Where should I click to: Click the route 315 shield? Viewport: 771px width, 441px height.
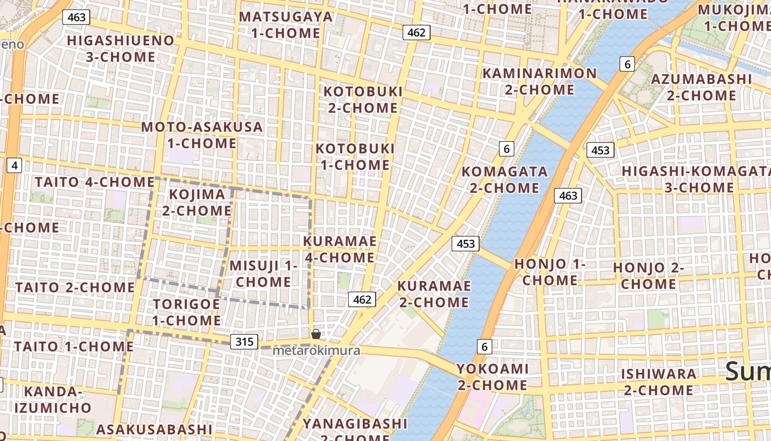click(x=244, y=342)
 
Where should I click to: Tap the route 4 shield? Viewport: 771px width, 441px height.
click(x=14, y=165)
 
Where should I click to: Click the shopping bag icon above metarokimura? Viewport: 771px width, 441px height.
click(x=316, y=334)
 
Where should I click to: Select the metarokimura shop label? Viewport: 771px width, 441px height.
click(x=317, y=351)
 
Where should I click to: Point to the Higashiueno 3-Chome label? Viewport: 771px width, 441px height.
click(x=120, y=49)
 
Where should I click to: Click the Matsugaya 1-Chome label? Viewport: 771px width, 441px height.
click(x=286, y=25)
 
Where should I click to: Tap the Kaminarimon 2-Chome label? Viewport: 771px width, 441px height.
click(x=539, y=81)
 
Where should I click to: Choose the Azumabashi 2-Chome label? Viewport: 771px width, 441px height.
click(x=701, y=87)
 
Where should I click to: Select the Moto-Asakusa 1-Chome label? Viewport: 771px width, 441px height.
click(x=202, y=135)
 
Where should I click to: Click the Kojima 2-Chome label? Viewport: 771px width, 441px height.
click(x=197, y=202)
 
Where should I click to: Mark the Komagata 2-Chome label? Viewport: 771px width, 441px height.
click(x=504, y=180)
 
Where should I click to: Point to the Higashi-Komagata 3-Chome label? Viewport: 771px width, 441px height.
click(x=693, y=179)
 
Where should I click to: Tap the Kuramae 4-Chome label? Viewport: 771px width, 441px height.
click(x=339, y=249)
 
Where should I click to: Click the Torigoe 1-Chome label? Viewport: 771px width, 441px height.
click(x=186, y=312)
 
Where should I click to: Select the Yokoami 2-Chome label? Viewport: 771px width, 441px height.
click(x=492, y=377)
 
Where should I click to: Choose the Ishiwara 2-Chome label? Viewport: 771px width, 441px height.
click(x=658, y=381)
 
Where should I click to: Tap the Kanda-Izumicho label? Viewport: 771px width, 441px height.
click(x=53, y=400)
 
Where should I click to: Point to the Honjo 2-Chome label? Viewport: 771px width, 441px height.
click(x=648, y=276)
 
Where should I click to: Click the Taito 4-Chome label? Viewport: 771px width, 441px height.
click(x=95, y=182)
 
